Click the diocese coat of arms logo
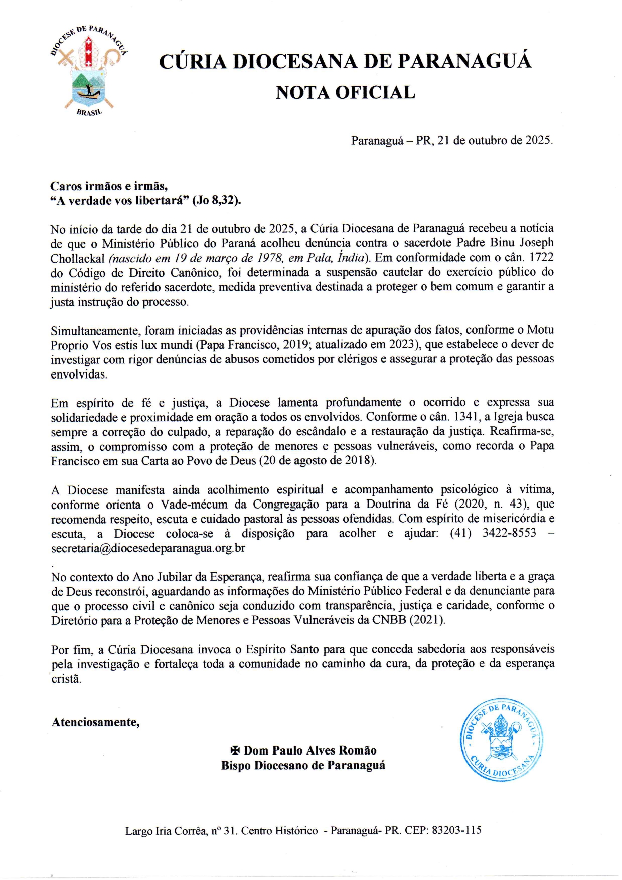89,70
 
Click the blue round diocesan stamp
501,739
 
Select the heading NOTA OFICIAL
345,93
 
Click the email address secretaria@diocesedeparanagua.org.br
148,548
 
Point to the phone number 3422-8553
509,533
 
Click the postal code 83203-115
456,831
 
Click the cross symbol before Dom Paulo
235,751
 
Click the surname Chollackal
77,259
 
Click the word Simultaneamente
95,331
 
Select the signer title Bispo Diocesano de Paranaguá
303,766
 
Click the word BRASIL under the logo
89,113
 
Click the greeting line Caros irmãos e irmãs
109,186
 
